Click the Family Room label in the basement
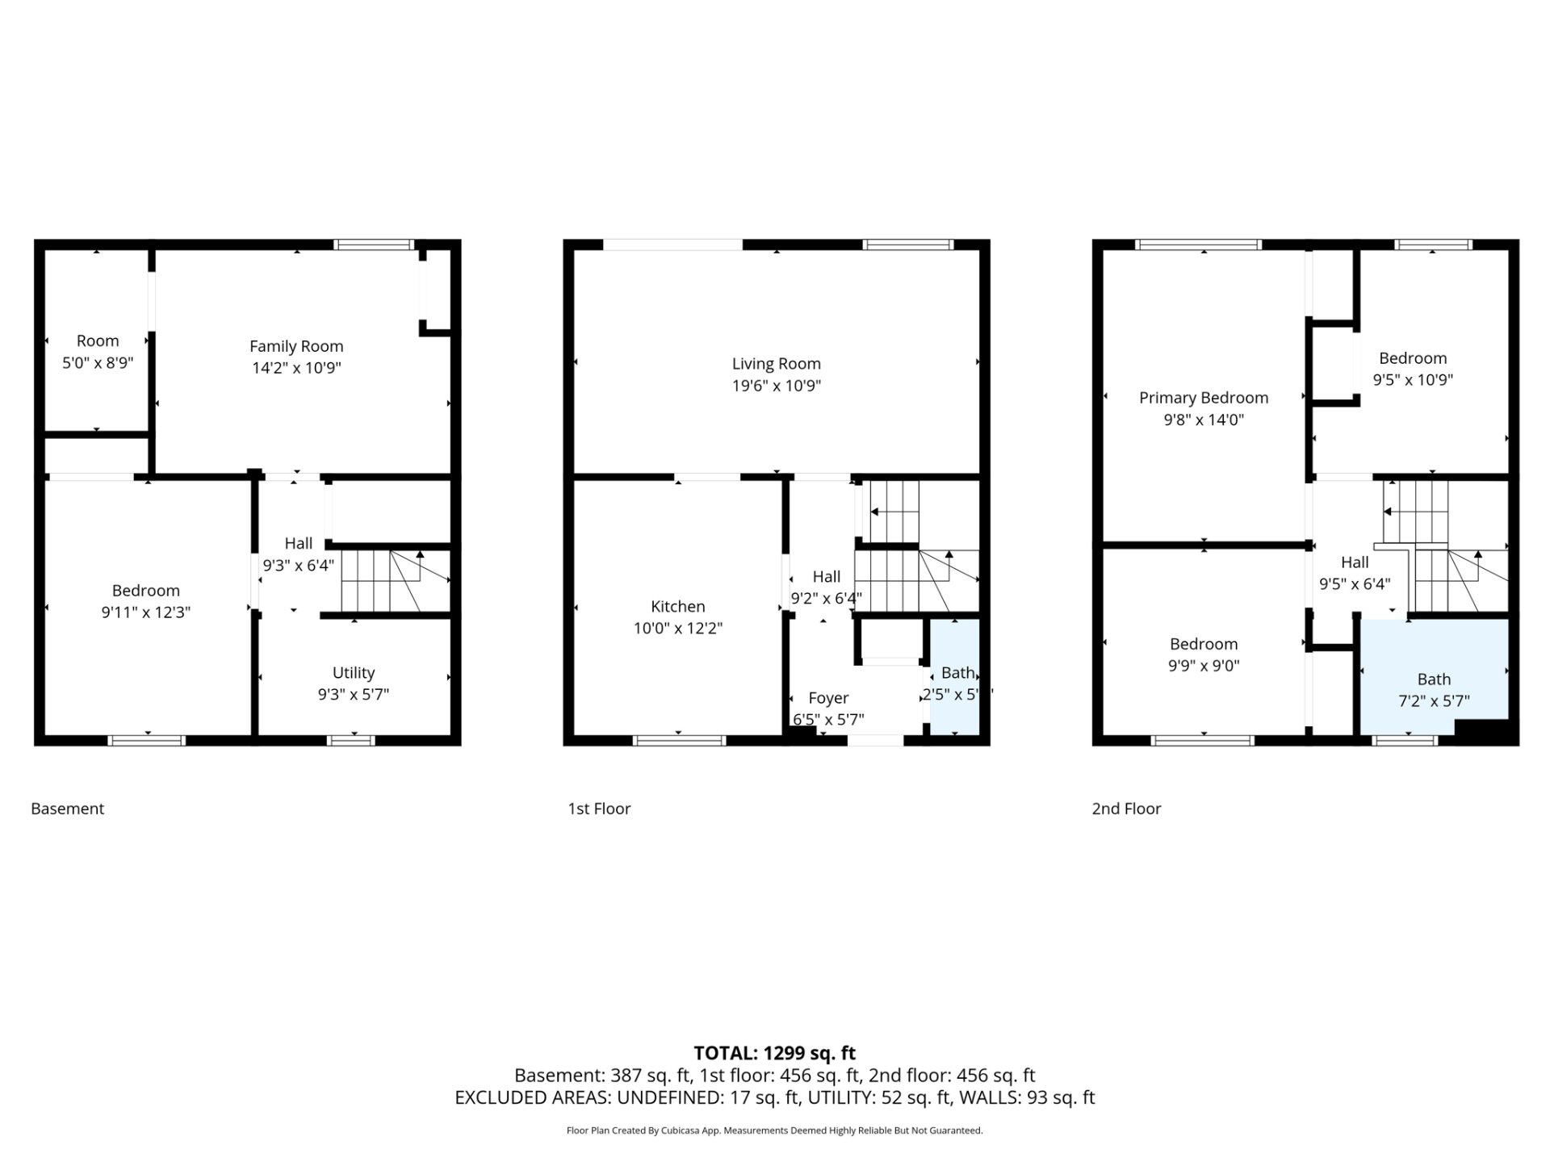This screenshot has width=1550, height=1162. tap(296, 346)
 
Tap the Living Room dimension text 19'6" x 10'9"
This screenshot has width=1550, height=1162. tap(777, 386)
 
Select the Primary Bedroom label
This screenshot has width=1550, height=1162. tap(1204, 398)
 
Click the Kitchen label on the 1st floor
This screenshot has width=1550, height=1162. tap(678, 606)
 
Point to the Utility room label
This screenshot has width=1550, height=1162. tap(354, 672)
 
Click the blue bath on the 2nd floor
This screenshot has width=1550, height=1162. tap(1435, 676)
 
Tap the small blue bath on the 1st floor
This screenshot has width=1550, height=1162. tap(955, 677)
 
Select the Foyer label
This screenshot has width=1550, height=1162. tap(828, 698)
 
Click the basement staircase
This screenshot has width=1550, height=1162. tap(395, 580)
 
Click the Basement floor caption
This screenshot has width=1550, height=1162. tap(68, 809)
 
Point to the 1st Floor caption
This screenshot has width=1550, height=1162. tap(599, 809)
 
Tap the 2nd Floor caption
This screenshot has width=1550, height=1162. tap(1126, 809)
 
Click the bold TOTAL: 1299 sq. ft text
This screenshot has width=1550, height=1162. tap(775, 1053)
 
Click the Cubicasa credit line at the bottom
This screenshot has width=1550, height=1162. tap(775, 1131)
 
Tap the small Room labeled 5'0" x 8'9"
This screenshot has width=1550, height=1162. tap(98, 341)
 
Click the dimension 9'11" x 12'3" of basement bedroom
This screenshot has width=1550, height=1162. tap(146, 612)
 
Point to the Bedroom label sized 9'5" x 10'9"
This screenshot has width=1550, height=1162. tap(1413, 358)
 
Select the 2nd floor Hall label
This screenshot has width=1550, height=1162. tap(1355, 562)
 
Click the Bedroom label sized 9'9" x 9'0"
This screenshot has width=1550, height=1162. tap(1204, 644)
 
